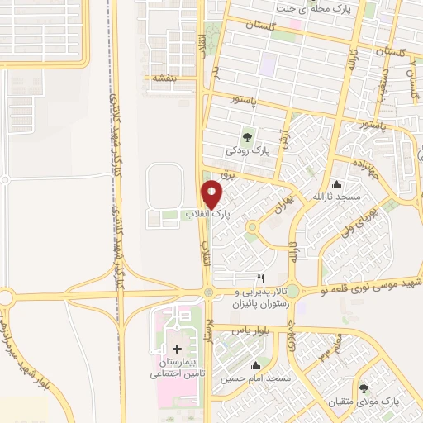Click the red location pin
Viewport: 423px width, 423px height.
(x=212, y=194)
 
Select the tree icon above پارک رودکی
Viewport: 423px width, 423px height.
(x=247, y=137)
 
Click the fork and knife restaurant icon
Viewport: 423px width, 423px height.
(x=260, y=278)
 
